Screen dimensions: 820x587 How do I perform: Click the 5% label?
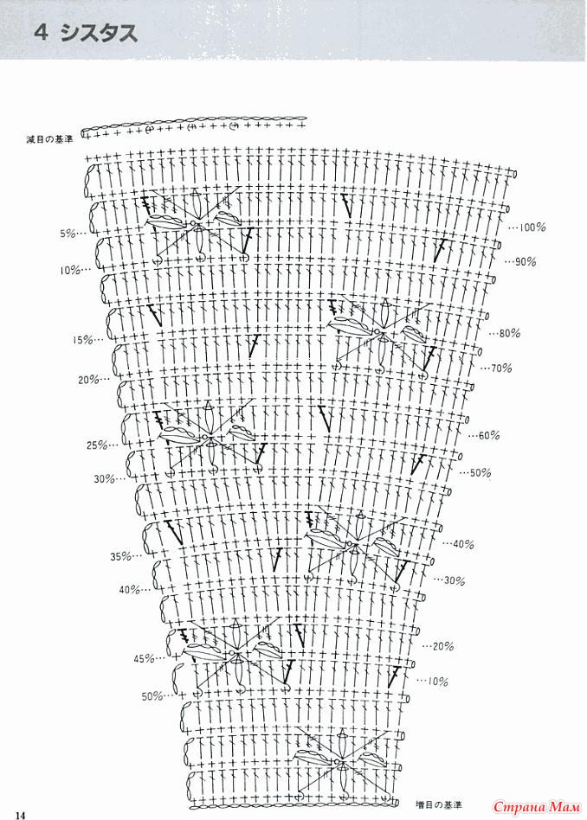click(68, 234)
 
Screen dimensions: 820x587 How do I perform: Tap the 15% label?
click(83, 340)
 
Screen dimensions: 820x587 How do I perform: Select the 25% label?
click(95, 445)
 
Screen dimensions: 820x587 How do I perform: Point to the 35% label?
click(119, 555)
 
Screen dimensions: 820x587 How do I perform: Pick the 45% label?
click(144, 659)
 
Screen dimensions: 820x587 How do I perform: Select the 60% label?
click(487, 435)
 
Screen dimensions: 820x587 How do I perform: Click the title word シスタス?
click(97, 35)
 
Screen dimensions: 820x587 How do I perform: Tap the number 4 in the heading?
click(41, 35)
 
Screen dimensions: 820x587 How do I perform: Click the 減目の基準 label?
click(50, 138)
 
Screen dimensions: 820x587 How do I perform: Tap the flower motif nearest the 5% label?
click(197, 226)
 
